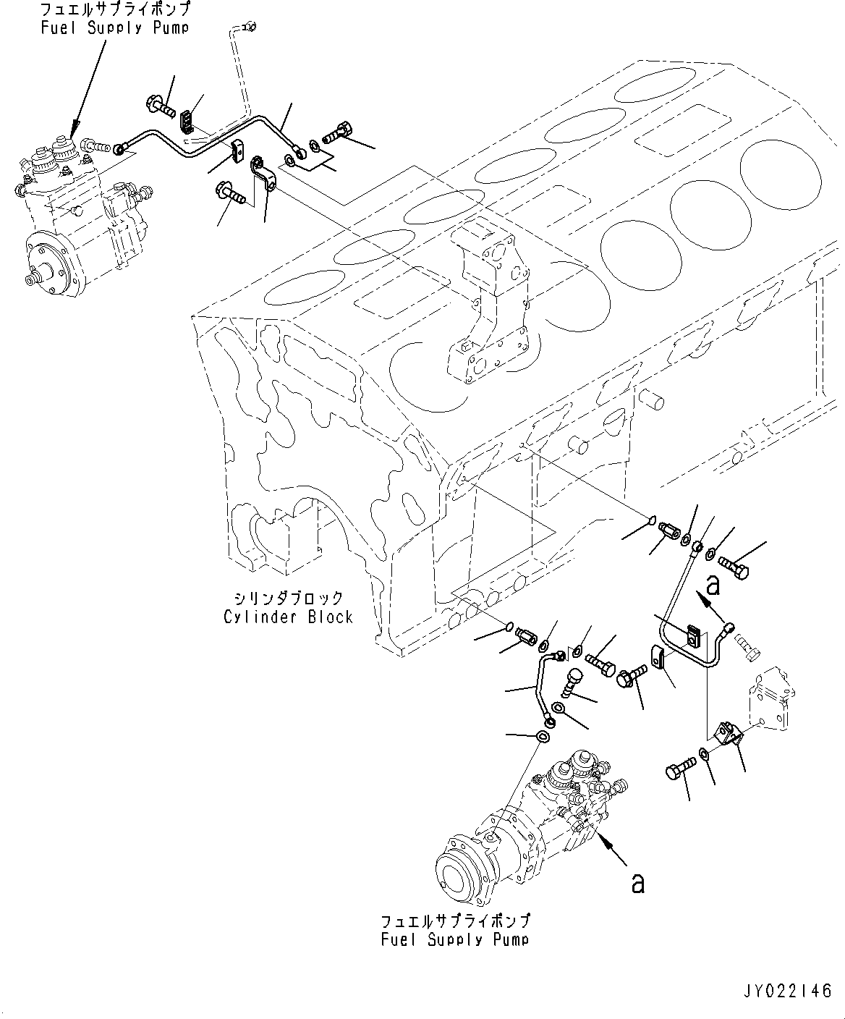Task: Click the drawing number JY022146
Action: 788,991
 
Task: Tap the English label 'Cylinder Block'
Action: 288,617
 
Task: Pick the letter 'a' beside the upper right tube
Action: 713,583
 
